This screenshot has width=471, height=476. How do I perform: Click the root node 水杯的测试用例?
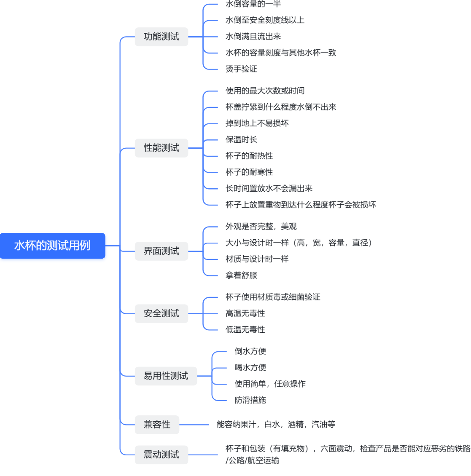pos(52,246)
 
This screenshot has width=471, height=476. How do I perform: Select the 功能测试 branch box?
pos(161,37)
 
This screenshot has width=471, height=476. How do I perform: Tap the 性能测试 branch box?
pos(161,148)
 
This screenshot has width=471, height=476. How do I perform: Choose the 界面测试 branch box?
pos(161,251)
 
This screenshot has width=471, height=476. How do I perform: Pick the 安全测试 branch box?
pos(161,313)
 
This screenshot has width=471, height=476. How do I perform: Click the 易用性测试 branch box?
pos(166,376)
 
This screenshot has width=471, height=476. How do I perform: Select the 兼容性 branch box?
pos(157,425)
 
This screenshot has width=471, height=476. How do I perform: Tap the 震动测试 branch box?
pos(161,455)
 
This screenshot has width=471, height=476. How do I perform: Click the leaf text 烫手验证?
pos(241,69)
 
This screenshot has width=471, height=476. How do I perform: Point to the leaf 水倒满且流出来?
pos(253,37)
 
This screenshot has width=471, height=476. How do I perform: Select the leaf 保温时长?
pos(241,139)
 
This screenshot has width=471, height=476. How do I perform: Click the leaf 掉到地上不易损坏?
pos(257,123)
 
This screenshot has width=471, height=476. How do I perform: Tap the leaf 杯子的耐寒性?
pos(249,172)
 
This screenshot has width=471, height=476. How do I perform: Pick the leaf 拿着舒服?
pos(241,275)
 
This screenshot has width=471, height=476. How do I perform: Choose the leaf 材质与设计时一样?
pos(257,259)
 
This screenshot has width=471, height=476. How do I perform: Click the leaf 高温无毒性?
pos(245,313)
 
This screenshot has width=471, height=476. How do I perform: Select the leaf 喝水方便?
pos(250,368)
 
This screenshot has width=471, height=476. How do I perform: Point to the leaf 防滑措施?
pos(250,400)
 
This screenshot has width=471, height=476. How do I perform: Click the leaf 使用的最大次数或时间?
pos(265,91)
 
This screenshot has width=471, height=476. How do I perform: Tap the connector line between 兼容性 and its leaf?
pos(194,425)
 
